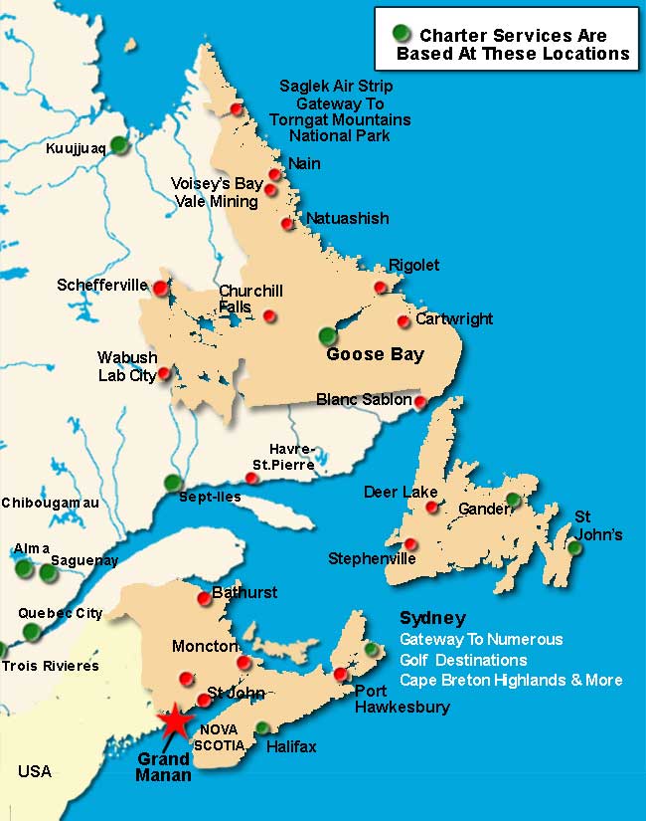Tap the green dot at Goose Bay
pyautogui.click(x=328, y=335)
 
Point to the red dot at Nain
pyautogui.click(x=275, y=174)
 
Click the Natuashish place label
pyautogui.click(x=347, y=218)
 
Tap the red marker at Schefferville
pyautogui.click(x=160, y=288)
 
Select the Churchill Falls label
pyautogui.click(x=250, y=299)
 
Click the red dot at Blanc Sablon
pyautogui.click(x=420, y=402)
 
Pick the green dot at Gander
pyautogui.click(x=513, y=500)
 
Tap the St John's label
pyautogui.click(x=598, y=525)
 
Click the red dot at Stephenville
pyautogui.click(x=411, y=543)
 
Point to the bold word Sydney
pyautogui.click(x=432, y=618)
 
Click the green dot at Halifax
pyautogui.click(x=262, y=727)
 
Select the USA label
pyautogui.click(x=34, y=771)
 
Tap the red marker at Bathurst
pyautogui.click(x=205, y=597)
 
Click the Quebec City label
pyautogui.click(x=60, y=613)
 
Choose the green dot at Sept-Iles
pyautogui.click(x=173, y=483)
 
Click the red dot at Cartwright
pyautogui.click(x=404, y=321)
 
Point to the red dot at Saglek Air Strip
pyautogui.click(x=237, y=108)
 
